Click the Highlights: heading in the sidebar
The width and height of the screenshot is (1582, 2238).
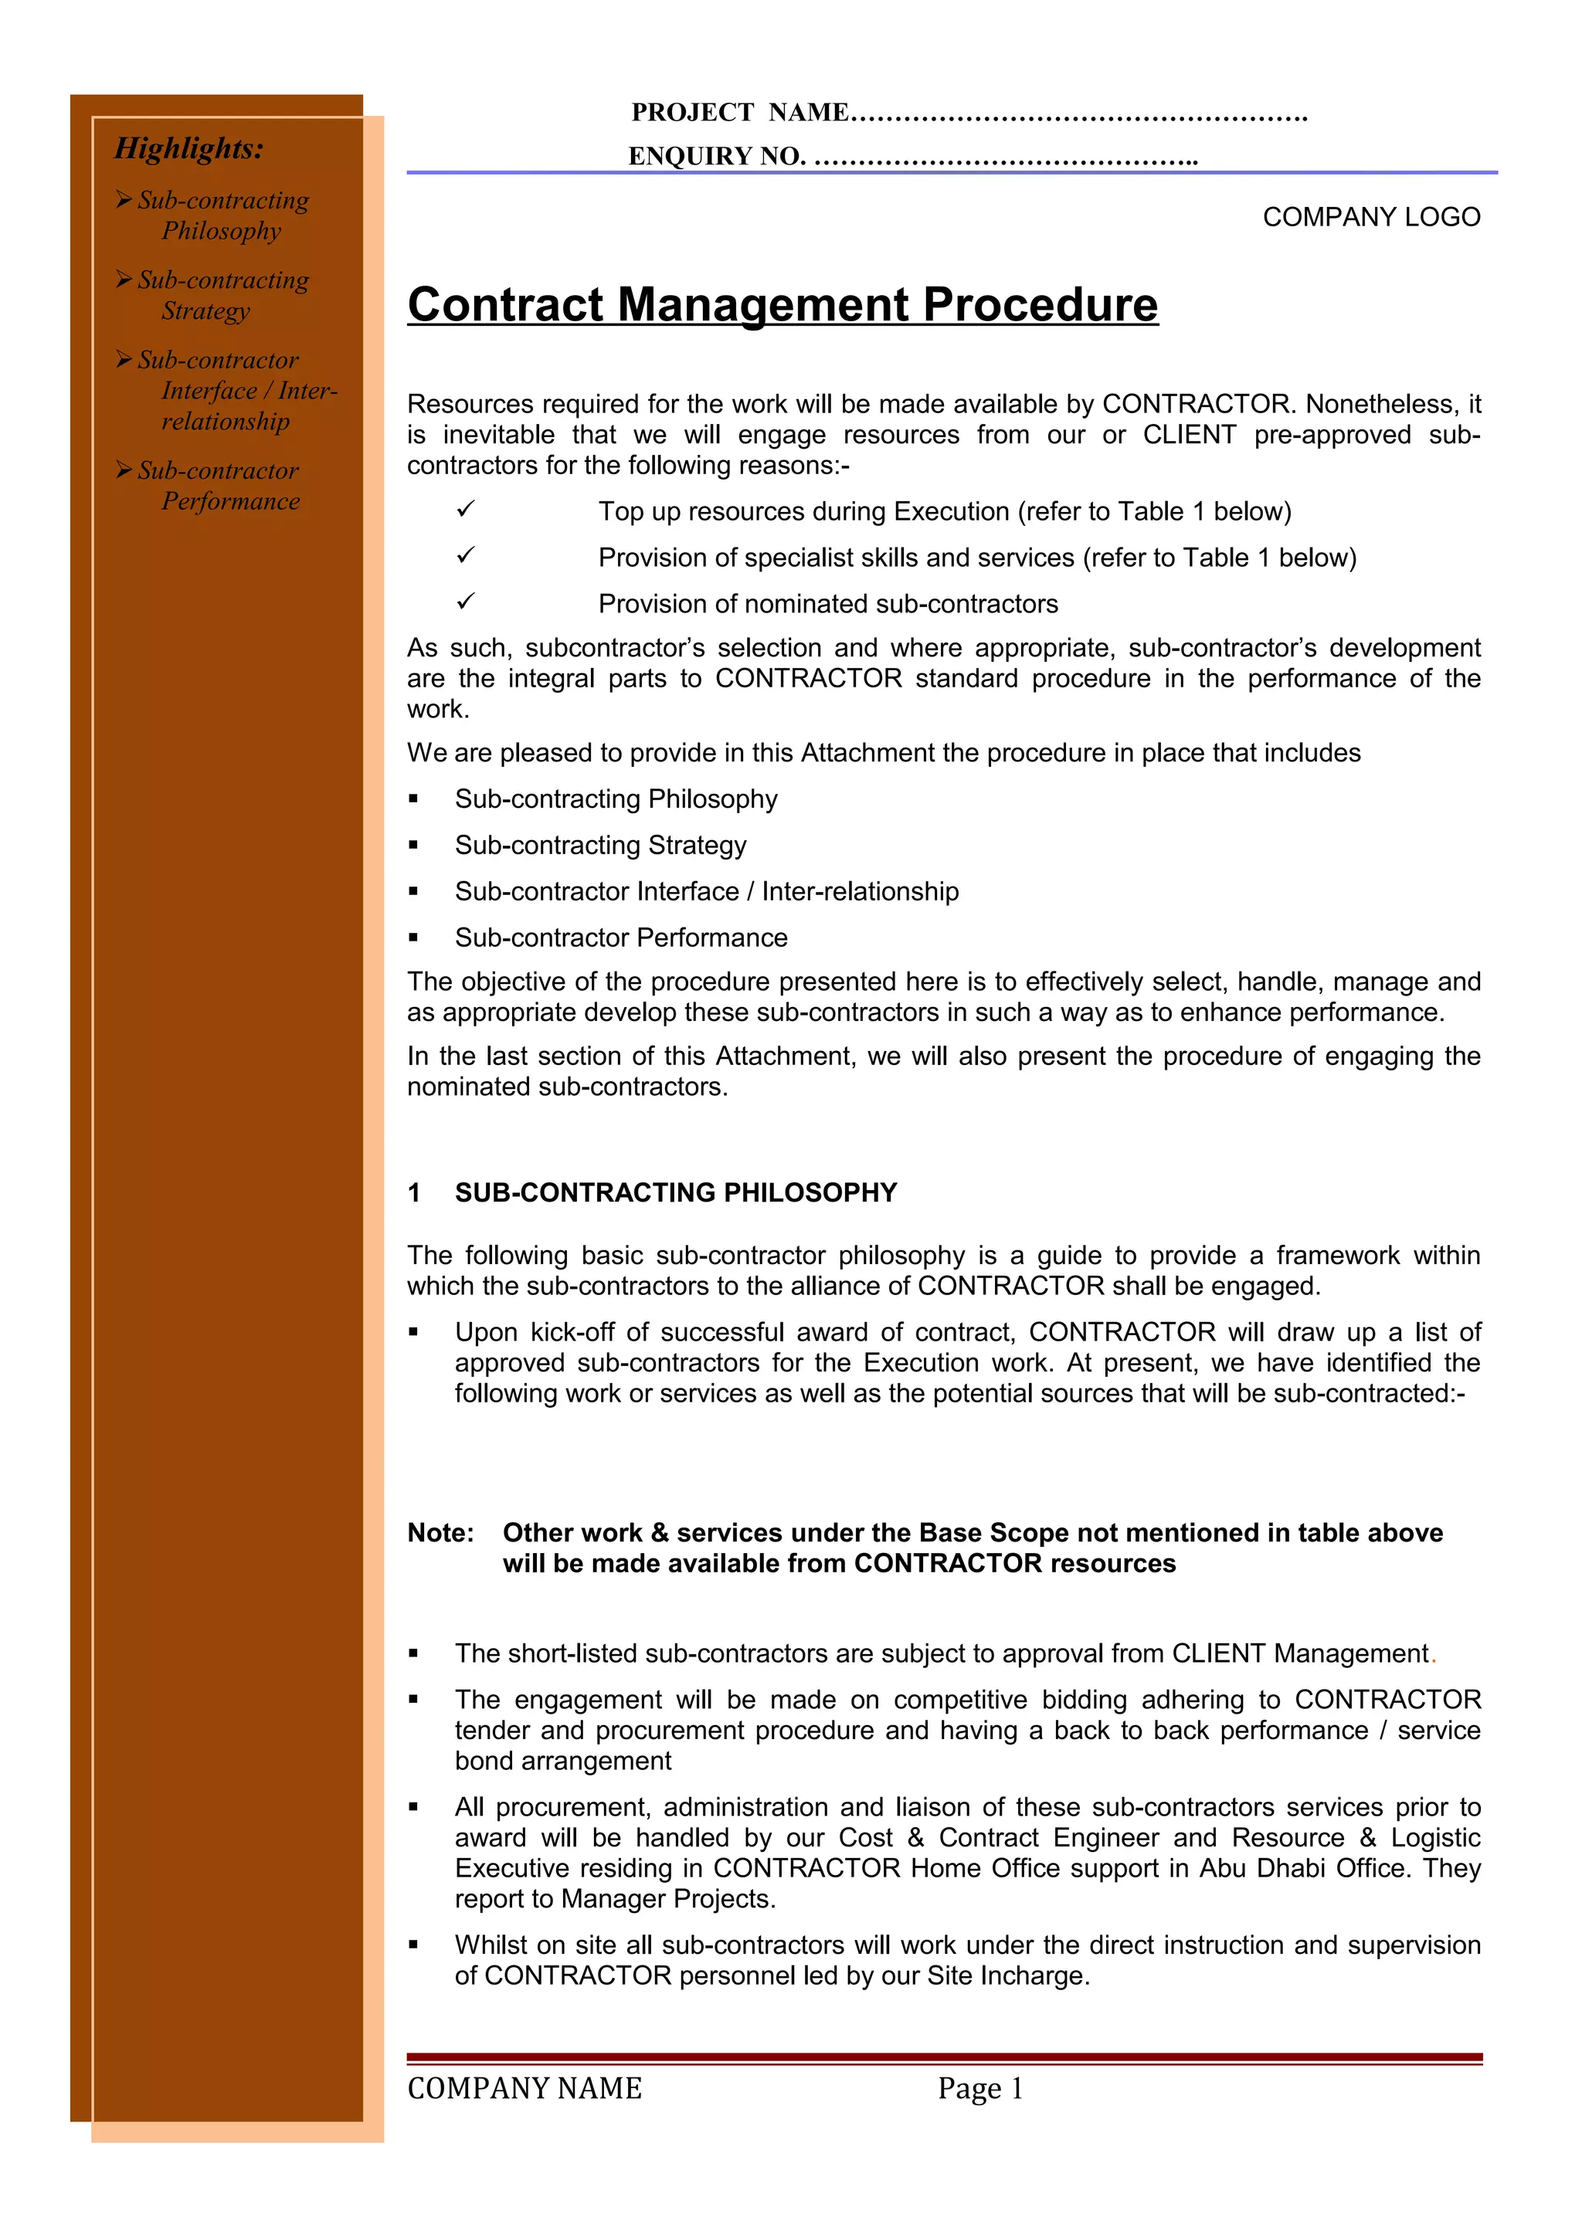coord(189,148)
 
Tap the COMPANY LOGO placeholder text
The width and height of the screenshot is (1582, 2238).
coord(1370,216)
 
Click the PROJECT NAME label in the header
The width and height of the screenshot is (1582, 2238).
coord(738,113)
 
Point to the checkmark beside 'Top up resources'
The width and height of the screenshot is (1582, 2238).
coord(465,509)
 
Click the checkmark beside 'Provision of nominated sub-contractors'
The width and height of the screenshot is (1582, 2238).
coord(465,602)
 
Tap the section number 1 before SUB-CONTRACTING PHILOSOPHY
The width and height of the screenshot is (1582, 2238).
coord(414,1192)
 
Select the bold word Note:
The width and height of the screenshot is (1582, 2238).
coord(440,1532)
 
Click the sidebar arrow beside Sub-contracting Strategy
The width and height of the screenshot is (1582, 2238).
coord(124,280)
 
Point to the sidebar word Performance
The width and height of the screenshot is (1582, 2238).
coord(231,501)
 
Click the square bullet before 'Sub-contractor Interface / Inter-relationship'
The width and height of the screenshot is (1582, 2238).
coord(413,891)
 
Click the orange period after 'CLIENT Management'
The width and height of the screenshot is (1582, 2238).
coord(1433,1657)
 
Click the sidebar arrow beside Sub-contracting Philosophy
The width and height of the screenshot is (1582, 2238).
coord(124,200)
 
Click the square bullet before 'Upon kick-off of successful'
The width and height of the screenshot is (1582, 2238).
coord(413,1331)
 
